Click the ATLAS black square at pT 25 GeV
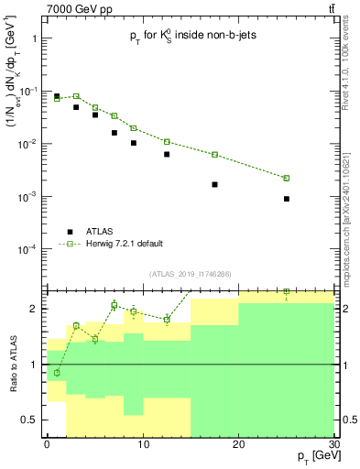point(287,199)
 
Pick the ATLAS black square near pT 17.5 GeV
point(214,184)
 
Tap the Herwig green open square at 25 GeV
point(287,178)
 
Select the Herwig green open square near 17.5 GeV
point(214,155)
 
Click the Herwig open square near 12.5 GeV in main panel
point(167,141)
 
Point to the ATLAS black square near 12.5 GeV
point(167,154)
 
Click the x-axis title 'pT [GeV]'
point(311,456)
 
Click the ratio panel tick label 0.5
point(31,420)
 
